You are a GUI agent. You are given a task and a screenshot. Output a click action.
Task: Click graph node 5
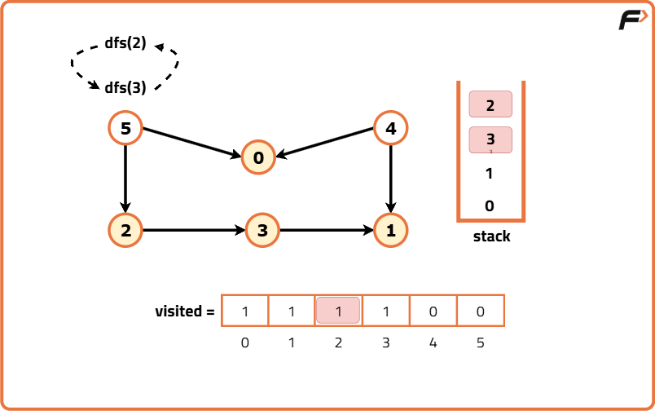click(125, 128)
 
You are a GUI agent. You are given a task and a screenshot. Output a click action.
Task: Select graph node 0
click(258, 158)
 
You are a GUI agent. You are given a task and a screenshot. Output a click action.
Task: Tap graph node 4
click(391, 128)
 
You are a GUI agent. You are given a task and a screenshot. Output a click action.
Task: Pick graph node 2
click(125, 230)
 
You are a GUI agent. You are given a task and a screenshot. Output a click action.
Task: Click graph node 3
click(262, 230)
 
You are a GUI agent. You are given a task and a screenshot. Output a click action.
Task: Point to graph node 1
click(391, 230)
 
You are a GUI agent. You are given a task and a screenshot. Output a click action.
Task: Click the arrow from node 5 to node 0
click(192, 143)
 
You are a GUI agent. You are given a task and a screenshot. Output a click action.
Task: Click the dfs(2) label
click(125, 44)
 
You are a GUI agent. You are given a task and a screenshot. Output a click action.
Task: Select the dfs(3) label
click(125, 87)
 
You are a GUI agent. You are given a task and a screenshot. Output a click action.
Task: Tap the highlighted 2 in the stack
click(490, 104)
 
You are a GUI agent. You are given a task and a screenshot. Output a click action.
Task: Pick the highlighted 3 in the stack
click(490, 139)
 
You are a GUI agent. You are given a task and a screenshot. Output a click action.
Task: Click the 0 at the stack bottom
click(490, 206)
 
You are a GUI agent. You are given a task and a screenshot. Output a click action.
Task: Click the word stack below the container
click(491, 236)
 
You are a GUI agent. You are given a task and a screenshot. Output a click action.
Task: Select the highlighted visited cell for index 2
click(338, 311)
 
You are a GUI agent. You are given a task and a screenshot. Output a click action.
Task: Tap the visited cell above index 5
click(480, 311)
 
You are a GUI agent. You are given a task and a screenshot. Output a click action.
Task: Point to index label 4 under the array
click(433, 343)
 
